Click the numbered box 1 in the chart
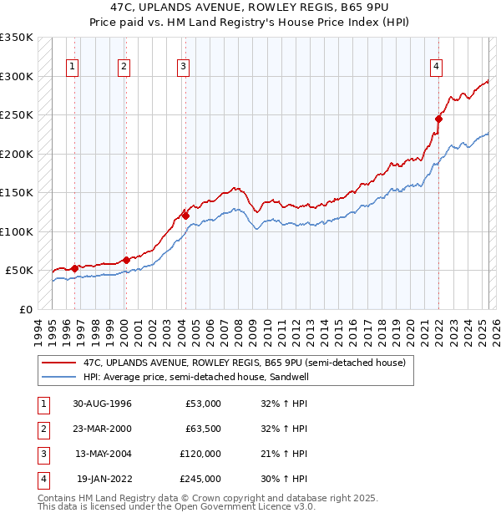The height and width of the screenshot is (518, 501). tap(73, 68)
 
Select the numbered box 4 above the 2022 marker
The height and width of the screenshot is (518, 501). tap(437, 68)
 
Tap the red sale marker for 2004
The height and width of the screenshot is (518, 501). tap(185, 216)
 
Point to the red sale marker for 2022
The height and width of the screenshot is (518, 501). tap(438, 119)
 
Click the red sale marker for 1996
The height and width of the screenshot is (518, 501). tap(75, 268)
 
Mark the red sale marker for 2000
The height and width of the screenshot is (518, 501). tap(126, 260)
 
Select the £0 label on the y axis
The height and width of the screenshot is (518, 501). tap(26, 309)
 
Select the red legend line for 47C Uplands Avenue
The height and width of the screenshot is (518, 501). tap(58, 363)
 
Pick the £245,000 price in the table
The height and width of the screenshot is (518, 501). tap(200, 479)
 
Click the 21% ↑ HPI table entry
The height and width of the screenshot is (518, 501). tap(279, 454)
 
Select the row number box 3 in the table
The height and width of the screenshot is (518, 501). tap(43, 454)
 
